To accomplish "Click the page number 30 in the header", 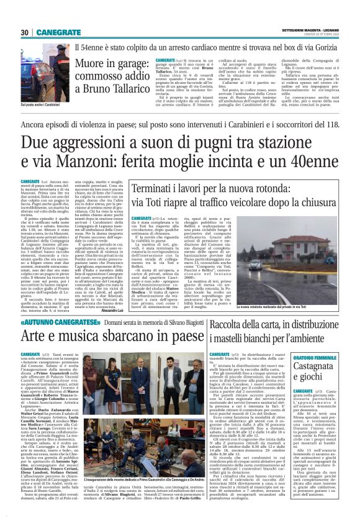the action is (25, 32).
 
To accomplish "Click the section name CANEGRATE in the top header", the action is (58, 32).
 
